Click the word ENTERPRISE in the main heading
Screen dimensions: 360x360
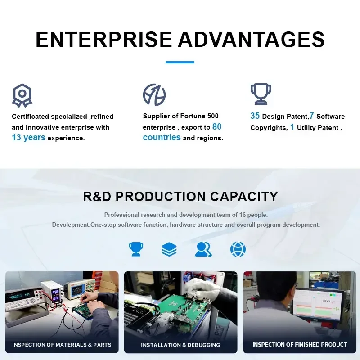tap(104, 40)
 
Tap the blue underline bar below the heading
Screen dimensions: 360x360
tap(180, 62)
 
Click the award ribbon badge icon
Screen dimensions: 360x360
tap(22, 95)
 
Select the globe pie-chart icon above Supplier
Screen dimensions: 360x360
tap(154, 95)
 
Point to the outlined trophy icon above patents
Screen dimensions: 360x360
tap(261, 94)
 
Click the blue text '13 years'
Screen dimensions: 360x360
tap(28, 138)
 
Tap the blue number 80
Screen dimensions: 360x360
tap(217, 126)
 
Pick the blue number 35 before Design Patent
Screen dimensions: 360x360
tap(255, 116)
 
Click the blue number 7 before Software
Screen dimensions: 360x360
tap(311, 116)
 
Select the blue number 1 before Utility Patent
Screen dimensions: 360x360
tap(292, 127)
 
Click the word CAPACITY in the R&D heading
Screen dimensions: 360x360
tap(244, 197)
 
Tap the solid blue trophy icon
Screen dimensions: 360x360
tap(136, 249)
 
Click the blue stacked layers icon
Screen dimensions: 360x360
tap(169, 249)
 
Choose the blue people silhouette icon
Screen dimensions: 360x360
tap(203, 249)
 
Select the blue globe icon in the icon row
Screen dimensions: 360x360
tap(238, 249)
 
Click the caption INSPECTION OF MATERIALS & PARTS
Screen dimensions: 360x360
tap(62, 345)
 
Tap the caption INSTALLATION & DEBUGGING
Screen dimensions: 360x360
tap(180, 345)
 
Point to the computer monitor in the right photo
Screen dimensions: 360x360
tap(318, 306)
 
